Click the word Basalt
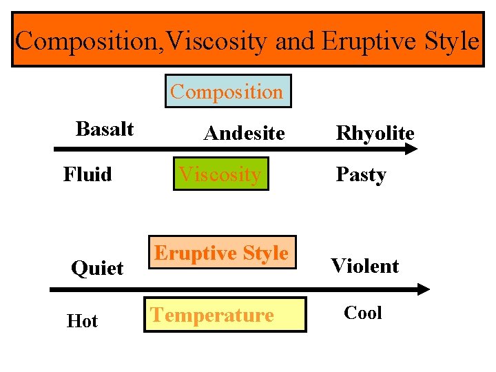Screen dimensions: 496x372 coord(105,129)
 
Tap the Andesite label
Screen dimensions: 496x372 coord(244,133)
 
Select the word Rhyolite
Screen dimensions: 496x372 coord(375,133)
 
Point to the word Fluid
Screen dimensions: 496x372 coord(87,174)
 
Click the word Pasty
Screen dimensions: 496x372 coord(360,175)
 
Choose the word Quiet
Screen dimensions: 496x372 coord(97,267)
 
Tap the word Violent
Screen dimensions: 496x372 coord(364,266)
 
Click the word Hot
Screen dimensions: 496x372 coord(82,321)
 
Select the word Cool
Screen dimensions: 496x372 coord(362,313)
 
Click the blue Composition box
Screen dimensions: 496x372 coord(227,92)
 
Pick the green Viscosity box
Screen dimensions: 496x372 coord(220,174)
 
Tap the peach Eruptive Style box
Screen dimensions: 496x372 coord(222,254)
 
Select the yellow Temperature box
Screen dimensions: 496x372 coord(225,315)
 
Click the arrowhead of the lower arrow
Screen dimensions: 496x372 coord(424,290)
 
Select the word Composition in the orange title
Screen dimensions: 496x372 coord(82,41)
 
